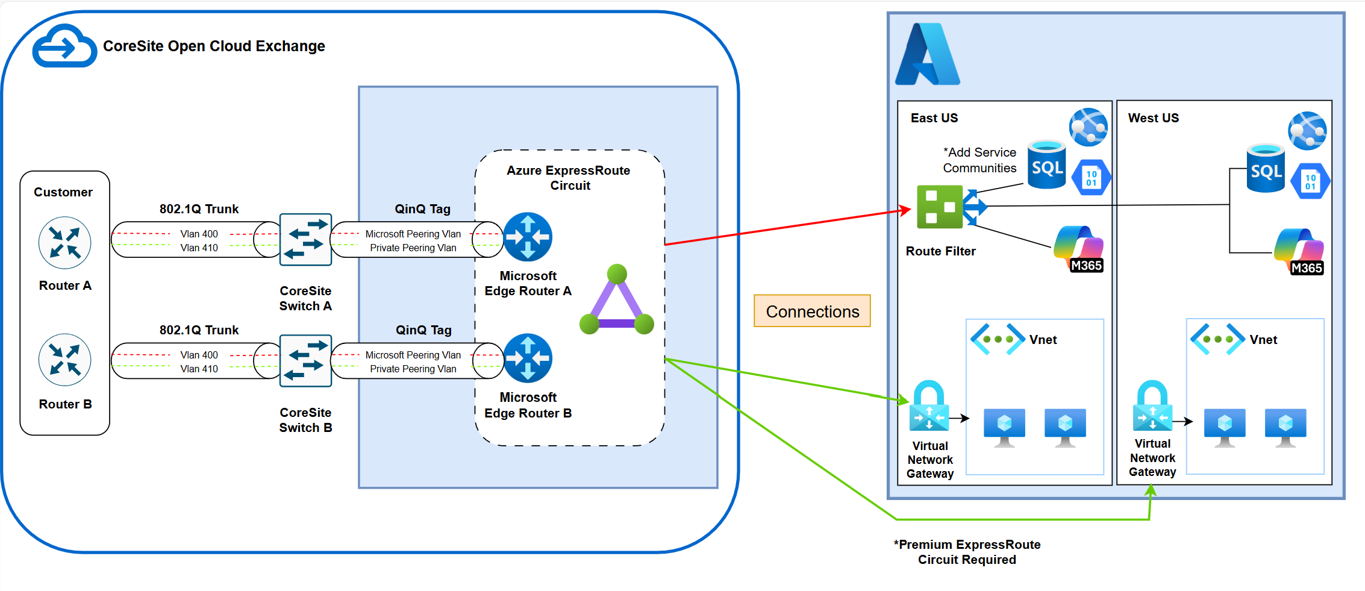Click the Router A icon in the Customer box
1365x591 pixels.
click(x=64, y=243)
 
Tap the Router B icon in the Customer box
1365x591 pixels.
click(x=64, y=360)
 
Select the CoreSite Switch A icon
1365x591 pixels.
click(x=305, y=239)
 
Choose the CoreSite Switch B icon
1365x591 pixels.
click(x=305, y=360)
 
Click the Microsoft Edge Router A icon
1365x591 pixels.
click(x=528, y=237)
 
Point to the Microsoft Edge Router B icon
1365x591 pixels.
click(x=528, y=358)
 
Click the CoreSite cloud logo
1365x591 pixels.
click(x=64, y=46)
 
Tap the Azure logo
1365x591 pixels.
click(x=927, y=54)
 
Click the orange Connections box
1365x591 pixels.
click(x=812, y=311)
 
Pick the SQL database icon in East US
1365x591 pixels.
click(x=1047, y=164)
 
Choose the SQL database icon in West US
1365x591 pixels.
click(x=1266, y=168)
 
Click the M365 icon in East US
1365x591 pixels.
click(x=1079, y=249)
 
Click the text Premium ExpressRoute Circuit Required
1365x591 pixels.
click(x=967, y=552)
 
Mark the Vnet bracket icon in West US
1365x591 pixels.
click(x=1217, y=339)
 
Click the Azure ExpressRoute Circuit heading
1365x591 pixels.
click(x=569, y=178)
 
